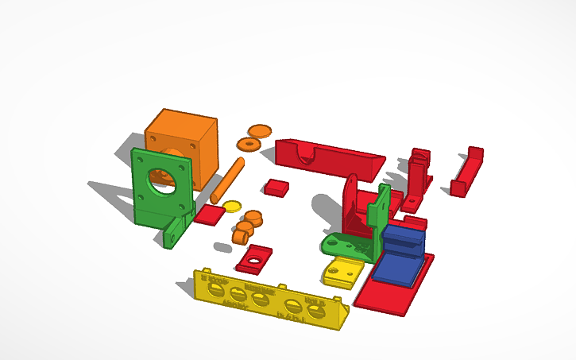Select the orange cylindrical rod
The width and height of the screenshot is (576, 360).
pyautogui.click(x=226, y=180)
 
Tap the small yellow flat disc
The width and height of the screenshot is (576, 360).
pyautogui.click(x=232, y=207)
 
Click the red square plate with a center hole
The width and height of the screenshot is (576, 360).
pyautogui.click(x=254, y=259)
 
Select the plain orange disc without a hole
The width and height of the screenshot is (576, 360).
pyautogui.click(x=259, y=130)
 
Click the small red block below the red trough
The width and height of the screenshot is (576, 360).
pyautogui.click(x=276, y=188)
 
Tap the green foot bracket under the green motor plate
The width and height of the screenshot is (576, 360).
pyautogui.click(x=176, y=230)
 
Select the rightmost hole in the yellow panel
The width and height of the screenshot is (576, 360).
pyautogui.click(x=318, y=312)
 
